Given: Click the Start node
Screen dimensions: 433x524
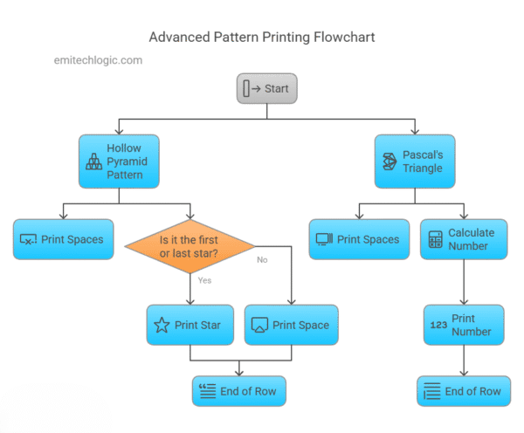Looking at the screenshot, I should click(x=267, y=88).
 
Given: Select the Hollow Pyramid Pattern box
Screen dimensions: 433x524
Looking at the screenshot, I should click(x=121, y=162).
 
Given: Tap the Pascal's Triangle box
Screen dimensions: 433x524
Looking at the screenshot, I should click(x=416, y=162).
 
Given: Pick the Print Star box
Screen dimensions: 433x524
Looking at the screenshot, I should click(x=190, y=326).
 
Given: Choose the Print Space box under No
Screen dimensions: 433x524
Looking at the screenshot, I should click(x=290, y=326).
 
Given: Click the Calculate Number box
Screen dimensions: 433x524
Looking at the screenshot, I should click(x=464, y=239).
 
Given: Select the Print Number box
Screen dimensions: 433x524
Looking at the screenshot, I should click(x=464, y=326).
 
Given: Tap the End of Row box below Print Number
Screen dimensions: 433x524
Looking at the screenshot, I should click(x=464, y=391).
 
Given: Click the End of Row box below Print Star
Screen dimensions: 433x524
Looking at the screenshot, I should click(x=239, y=391).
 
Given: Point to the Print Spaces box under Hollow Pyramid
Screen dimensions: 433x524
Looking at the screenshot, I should click(x=64, y=239).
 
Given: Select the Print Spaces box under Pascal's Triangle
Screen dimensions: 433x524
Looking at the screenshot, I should click(x=359, y=239).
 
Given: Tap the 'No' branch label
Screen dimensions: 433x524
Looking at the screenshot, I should click(x=261, y=259).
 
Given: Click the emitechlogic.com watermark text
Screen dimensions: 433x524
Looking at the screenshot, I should click(x=97, y=60).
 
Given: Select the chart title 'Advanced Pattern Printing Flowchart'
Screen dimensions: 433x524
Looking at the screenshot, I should click(x=262, y=38).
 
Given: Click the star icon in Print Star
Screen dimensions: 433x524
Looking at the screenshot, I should click(x=162, y=326).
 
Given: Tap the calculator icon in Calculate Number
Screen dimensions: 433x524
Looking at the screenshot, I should click(x=434, y=239).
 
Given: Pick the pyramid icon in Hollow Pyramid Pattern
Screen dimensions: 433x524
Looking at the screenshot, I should click(x=93, y=162).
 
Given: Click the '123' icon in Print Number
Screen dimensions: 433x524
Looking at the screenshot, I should click(x=438, y=326).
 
